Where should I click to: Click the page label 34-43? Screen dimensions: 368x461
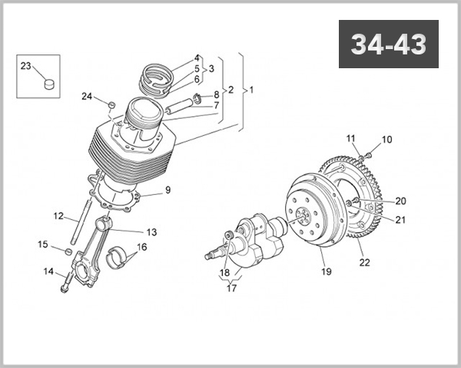389,45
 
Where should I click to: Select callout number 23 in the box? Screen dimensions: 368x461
25,67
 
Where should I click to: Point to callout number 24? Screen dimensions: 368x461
88,97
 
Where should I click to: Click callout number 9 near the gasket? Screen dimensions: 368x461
167,189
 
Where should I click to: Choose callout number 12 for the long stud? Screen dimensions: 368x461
58,216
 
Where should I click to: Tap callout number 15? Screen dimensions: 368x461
43,245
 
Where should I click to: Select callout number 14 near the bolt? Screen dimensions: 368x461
48,271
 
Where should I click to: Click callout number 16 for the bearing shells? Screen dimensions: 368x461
141,247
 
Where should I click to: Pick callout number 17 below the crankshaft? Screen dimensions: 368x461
230,289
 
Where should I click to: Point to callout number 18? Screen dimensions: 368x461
224,272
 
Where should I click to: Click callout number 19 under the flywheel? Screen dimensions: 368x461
326,271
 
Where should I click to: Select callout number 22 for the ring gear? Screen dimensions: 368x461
364,263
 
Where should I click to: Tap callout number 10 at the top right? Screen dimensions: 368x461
386,140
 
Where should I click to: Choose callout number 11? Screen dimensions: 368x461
351,138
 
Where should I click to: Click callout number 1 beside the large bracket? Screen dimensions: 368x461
251,90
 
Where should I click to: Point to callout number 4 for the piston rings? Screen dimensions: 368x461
197,58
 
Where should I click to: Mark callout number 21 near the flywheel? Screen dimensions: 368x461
400,220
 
